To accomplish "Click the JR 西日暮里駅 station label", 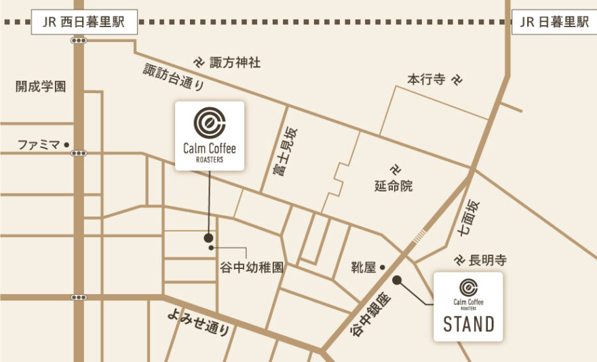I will coord(85,22).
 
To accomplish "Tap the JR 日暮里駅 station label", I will coord(554,22).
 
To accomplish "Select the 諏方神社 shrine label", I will coord(235,62).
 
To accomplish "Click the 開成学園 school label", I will coord(41,86).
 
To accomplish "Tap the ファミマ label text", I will coord(38,145).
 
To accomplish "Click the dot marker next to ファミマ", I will coord(66,145).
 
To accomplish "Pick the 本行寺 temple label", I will coord(425,79).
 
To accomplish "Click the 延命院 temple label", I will coord(393,185).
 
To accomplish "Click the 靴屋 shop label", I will coord(364,268).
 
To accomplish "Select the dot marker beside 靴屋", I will coord(382,267).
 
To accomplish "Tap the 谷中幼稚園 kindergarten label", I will coord(251,268).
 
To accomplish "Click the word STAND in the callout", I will coord(469,324).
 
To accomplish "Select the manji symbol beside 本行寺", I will coord(458,79).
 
